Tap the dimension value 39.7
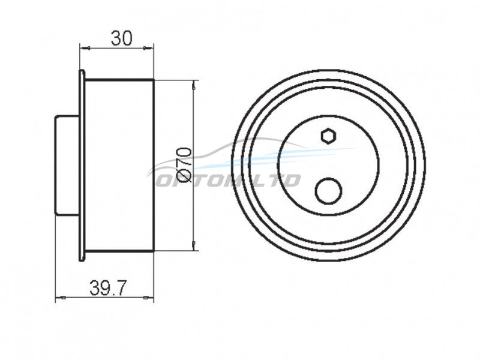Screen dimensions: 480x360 (108, 289)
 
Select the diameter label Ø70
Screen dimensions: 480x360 (184, 166)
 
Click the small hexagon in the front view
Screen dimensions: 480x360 (329, 136)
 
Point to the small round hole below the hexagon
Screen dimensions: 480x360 (328, 190)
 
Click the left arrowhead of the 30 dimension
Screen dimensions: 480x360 (85, 48)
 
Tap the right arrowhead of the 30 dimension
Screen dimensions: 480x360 (148, 48)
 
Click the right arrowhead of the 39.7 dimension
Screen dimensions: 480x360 (148, 297)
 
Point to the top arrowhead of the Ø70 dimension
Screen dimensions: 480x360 (193, 85)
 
